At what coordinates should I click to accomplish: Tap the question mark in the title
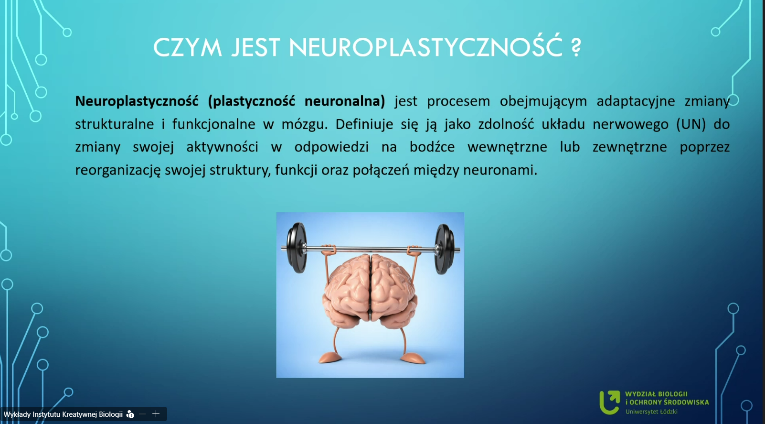[576, 47]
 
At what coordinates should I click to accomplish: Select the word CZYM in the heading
[188, 47]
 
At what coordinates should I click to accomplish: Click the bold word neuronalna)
[345, 101]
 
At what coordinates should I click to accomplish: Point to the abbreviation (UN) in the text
[691, 124]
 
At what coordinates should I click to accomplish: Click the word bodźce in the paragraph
[432, 147]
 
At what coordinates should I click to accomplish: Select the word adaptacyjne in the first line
[636, 101]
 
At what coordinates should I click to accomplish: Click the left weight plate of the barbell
[297, 248]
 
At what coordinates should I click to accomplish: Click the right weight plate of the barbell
[445, 249]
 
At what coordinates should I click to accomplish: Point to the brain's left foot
[330, 358]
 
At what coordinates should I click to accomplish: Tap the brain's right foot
[413, 358]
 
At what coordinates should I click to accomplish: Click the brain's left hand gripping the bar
[328, 249]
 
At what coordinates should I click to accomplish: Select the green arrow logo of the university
[610, 402]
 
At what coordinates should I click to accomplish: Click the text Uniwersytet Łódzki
[651, 412]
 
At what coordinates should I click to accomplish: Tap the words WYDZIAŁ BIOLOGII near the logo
[656, 394]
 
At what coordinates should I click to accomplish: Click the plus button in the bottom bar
[156, 414]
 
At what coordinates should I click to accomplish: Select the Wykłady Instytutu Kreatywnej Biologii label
[63, 414]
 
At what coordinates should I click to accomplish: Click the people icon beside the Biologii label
[130, 414]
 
